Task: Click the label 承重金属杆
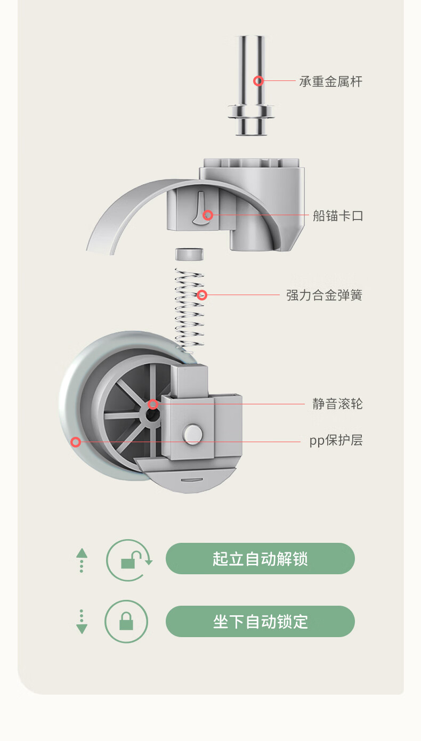point(330,82)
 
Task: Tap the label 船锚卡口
point(338,216)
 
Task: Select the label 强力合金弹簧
point(324,295)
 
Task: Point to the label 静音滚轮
point(337,404)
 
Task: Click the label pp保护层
point(336,441)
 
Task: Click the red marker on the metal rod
point(258,81)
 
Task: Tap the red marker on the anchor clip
point(208,215)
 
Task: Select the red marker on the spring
point(201,295)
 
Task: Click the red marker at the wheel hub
point(153,404)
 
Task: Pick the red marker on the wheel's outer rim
point(76,442)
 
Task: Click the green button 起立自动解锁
point(260,559)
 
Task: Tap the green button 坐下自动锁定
point(260,622)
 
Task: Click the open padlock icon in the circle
point(129,560)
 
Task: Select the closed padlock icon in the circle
point(126,622)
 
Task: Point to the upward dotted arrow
point(82,560)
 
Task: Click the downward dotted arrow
point(82,622)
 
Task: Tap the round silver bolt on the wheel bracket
point(192,434)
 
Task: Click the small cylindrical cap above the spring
point(190,254)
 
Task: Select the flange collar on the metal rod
point(252,112)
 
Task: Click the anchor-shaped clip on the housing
point(197,209)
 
